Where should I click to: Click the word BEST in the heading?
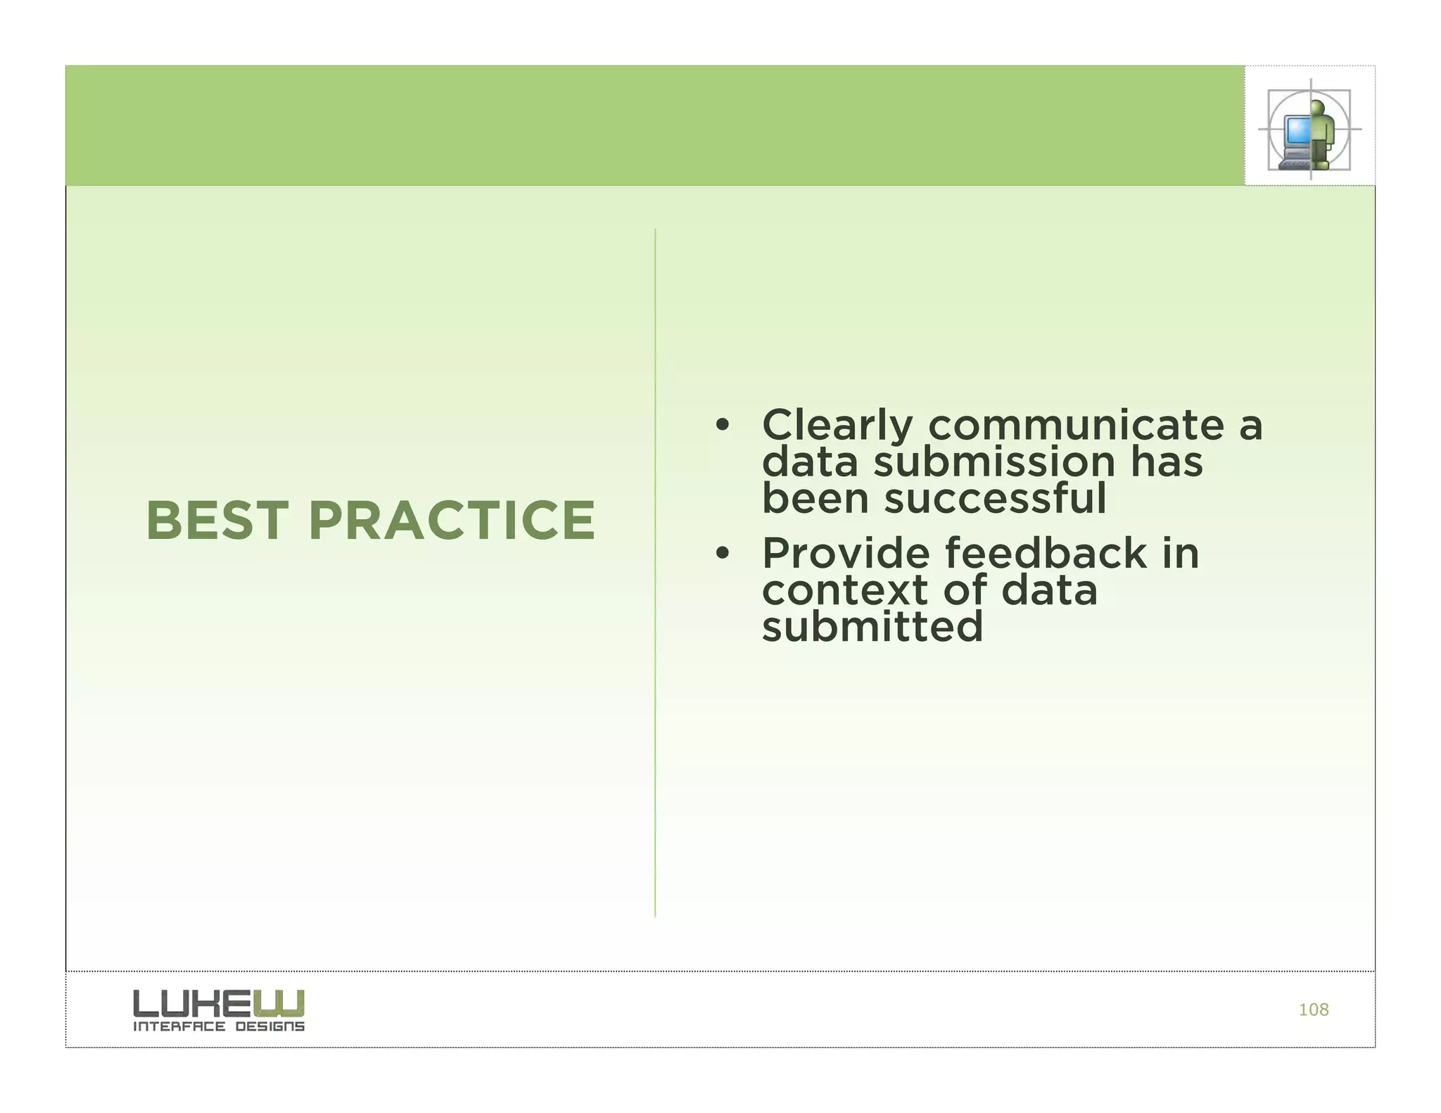[x=217, y=521]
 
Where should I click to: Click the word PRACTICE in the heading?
[x=452, y=521]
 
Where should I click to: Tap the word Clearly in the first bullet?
[x=837, y=426]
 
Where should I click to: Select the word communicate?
[x=1076, y=426]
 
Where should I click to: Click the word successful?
[x=995, y=499]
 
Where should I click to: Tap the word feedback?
[x=1046, y=554]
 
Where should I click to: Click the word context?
[x=844, y=590]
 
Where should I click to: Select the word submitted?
[x=872, y=627]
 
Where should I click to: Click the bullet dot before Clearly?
[x=721, y=426]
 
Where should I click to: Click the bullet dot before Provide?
[x=721, y=554]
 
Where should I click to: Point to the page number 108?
[x=1313, y=1010]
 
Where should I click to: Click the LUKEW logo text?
[x=219, y=1003]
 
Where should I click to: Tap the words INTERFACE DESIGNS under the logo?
[x=219, y=1027]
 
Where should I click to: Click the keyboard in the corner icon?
[x=1293, y=164]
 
